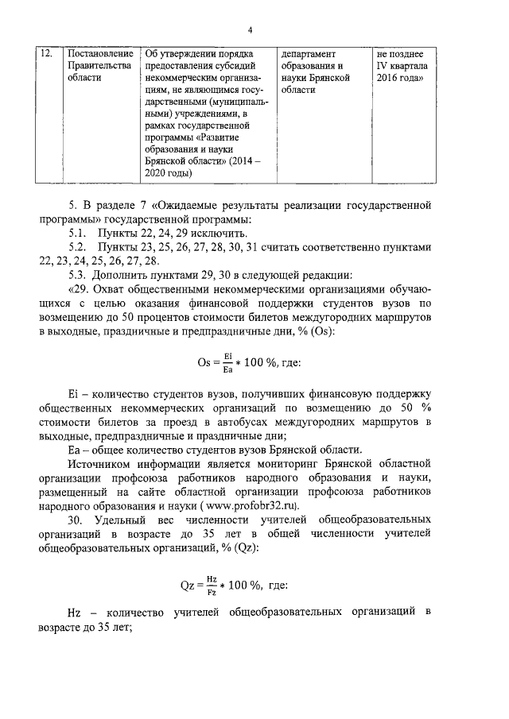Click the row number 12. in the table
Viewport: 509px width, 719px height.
46,53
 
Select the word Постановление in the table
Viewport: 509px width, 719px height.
96,53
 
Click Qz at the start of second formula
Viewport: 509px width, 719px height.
188,586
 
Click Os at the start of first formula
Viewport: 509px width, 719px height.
206,363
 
